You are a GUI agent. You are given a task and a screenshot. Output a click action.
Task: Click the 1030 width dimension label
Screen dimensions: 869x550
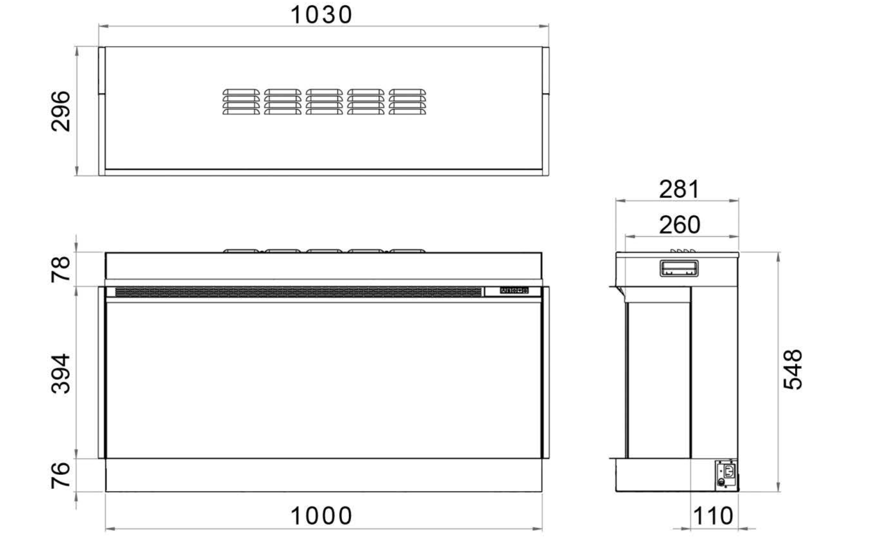[x=321, y=15]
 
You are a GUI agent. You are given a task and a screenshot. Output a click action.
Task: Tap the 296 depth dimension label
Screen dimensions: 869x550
[x=61, y=111]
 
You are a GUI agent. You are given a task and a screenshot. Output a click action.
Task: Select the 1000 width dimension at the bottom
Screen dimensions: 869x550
[x=321, y=516]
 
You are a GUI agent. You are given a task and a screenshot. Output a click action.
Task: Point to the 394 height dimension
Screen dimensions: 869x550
[x=61, y=374]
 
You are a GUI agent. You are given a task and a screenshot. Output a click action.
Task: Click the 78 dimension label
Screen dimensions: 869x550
[x=61, y=269]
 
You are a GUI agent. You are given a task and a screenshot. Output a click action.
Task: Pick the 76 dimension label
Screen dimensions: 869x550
[x=61, y=475]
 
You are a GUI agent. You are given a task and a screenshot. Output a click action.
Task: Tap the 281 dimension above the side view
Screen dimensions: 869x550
[x=679, y=189]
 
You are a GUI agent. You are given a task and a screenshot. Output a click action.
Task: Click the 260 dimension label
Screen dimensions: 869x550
[x=679, y=225]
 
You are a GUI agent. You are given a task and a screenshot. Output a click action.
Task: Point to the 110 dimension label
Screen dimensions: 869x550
[x=713, y=516]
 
